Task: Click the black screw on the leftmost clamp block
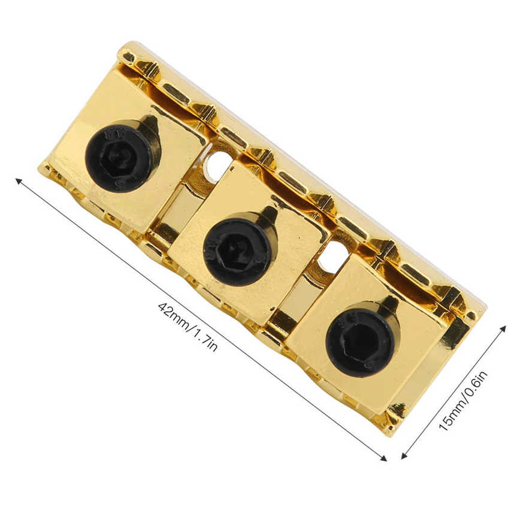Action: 120,156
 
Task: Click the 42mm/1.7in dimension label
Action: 188,326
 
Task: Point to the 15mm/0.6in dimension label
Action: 463,401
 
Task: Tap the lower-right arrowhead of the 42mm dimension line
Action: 383,459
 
